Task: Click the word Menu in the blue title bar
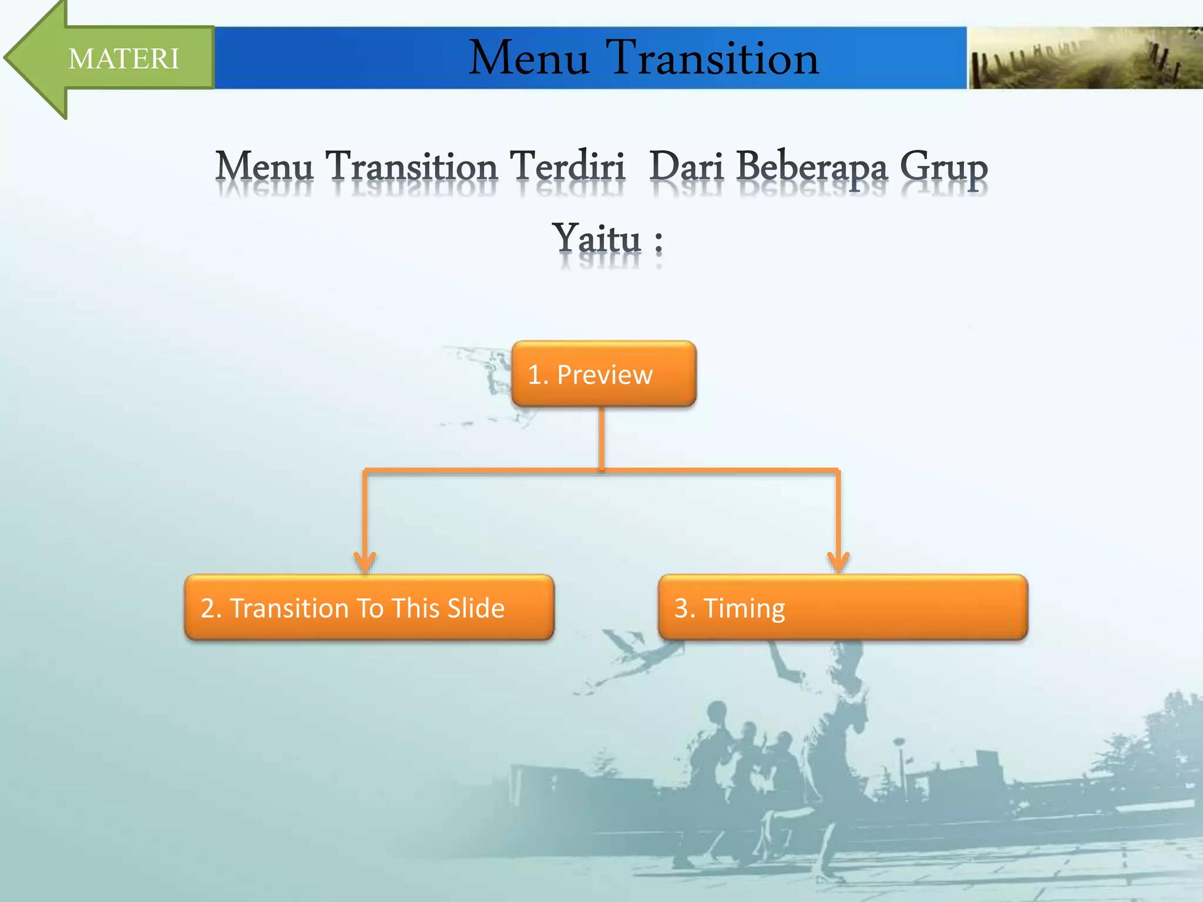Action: pyautogui.click(x=529, y=59)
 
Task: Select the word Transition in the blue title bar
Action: pyautogui.click(x=714, y=59)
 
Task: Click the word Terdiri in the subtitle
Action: pyautogui.click(x=567, y=167)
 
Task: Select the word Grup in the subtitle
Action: pyautogui.click(x=943, y=168)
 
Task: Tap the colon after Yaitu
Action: pyautogui.click(x=658, y=241)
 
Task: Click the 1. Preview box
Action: pyautogui.click(x=604, y=374)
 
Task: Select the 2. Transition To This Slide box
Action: pyautogui.click(x=369, y=608)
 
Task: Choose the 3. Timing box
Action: pyautogui.click(x=843, y=608)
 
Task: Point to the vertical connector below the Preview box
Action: pyautogui.click(x=601, y=437)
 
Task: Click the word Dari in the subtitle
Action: pyautogui.click(x=686, y=167)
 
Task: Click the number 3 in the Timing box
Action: pyautogui.click(x=681, y=608)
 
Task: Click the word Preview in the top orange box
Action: pyautogui.click(x=604, y=375)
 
